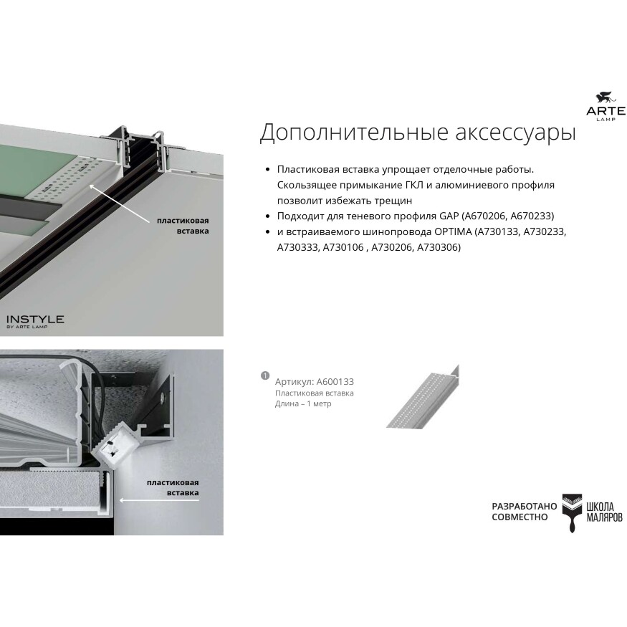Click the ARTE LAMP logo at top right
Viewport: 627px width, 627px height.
coord(606,106)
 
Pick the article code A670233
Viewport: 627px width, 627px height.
coord(532,216)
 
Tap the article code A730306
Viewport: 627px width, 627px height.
coord(439,247)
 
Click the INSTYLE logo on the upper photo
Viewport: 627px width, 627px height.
coord(35,320)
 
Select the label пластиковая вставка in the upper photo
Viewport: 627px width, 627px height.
coord(183,226)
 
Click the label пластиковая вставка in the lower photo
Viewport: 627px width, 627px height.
coord(173,487)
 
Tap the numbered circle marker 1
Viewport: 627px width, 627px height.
coord(264,375)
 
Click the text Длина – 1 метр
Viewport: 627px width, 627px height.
coord(303,403)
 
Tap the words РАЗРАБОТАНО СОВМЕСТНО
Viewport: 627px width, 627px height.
coord(524,511)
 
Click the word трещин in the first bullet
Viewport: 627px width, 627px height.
coord(394,201)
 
